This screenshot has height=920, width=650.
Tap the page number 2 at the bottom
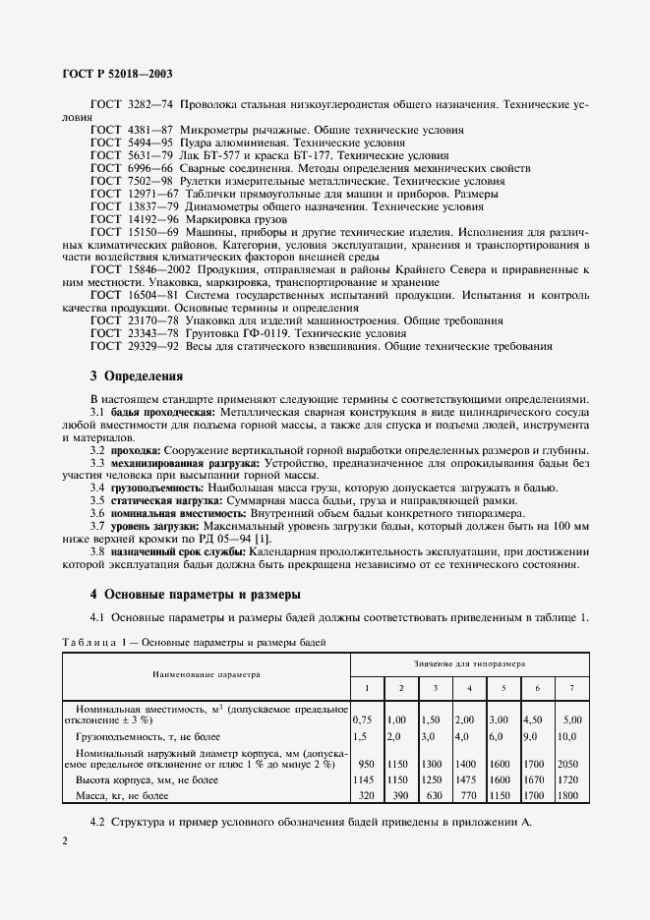(64, 841)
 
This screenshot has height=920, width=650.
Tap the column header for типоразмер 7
(571, 687)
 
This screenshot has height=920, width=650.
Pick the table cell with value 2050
(571, 763)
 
